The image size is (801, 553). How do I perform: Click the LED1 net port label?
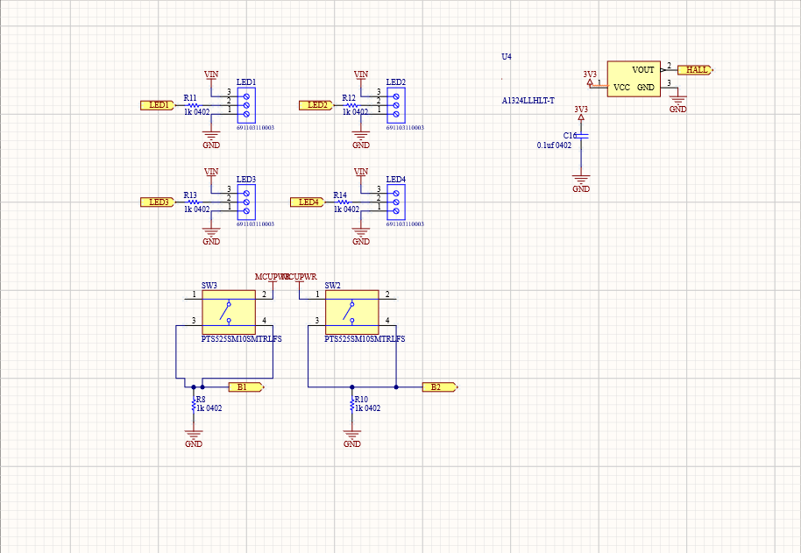pyautogui.click(x=159, y=105)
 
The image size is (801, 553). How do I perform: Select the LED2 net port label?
pyautogui.click(x=316, y=105)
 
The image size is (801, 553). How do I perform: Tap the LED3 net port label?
pyautogui.click(x=159, y=202)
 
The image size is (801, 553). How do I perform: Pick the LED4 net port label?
pyautogui.click(x=308, y=202)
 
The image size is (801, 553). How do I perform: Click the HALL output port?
pyautogui.click(x=698, y=69)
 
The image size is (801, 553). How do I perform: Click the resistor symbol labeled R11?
pyautogui.click(x=192, y=105)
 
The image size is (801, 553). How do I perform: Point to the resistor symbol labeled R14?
pyautogui.click(x=342, y=202)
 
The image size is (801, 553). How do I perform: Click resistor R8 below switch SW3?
pyautogui.click(x=194, y=404)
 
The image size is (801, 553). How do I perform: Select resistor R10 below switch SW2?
pyautogui.click(x=352, y=404)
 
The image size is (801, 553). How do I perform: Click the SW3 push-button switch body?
pyautogui.click(x=228, y=308)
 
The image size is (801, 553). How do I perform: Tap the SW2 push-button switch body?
pyautogui.click(x=351, y=308)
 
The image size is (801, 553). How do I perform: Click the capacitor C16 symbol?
pyautogui.click(x=581, y=136)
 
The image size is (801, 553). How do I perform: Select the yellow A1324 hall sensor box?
pyautogui.click(x=633, y=79)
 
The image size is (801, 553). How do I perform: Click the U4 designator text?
pyautogui.click(x=506, y=57)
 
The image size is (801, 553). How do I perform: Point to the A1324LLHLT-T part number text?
pyautogui.click(x=528, y=101)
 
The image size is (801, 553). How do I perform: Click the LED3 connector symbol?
pyautogui.click(x=246, y=202)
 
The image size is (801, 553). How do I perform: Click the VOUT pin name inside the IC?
pyautogui.click(x=643, y=69)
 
